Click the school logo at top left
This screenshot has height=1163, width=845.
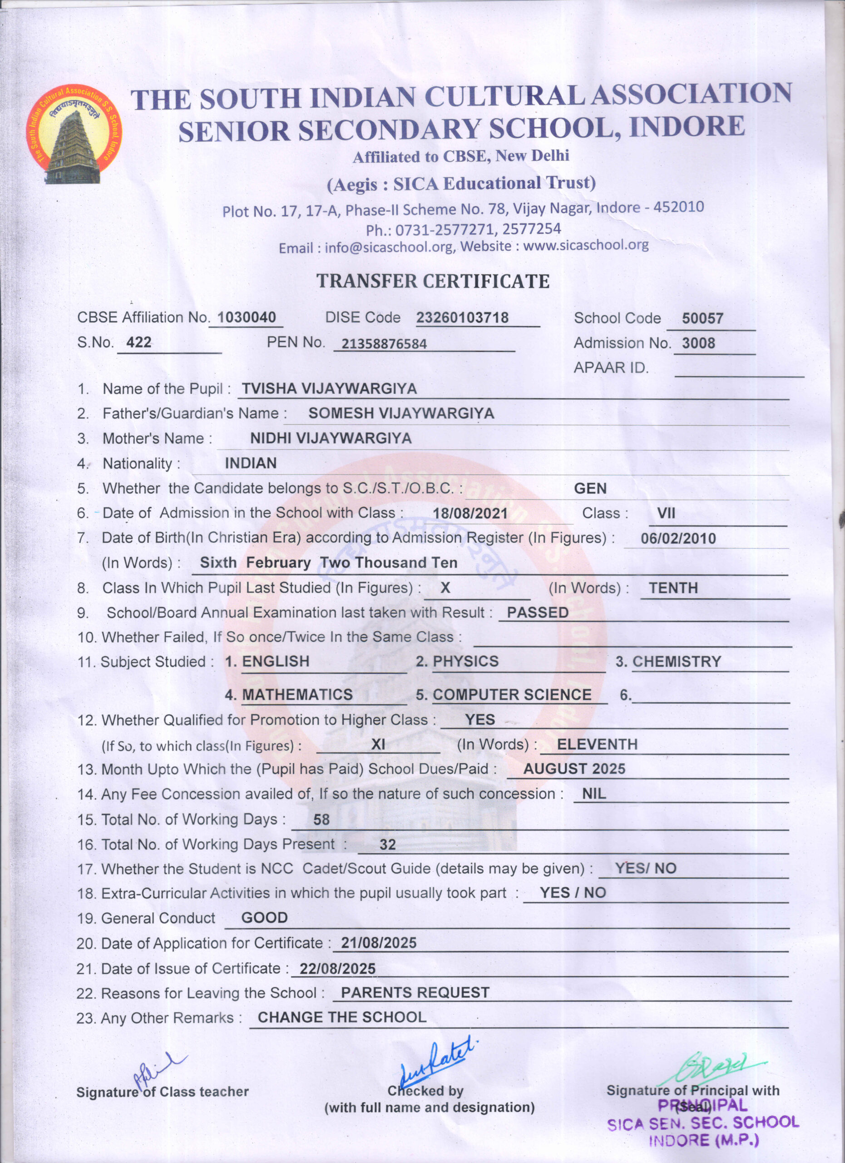[x=74, y=134]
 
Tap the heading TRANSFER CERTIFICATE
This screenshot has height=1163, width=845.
[x=433, y=282]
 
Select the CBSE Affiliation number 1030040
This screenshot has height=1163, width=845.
[x=247, y=318]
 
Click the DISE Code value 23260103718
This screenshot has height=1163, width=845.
[x=462, y=318]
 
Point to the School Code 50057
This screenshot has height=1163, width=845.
[x=702, y=318]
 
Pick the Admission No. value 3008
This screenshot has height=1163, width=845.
[x=698, y=343]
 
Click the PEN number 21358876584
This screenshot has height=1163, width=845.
[x=384, y=343]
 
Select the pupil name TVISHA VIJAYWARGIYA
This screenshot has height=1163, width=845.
[x=329, y=389]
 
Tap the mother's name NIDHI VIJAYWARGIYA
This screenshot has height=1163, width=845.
[x=331, y=438]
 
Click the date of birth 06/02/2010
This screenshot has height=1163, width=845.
[x=678, y=538]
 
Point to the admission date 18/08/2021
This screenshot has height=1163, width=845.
[x=470, y=513]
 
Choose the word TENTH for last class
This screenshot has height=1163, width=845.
[x=673, y=588]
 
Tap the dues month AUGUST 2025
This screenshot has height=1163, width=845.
[x=574, y=769]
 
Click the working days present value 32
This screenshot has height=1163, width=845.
[x=387, y=845]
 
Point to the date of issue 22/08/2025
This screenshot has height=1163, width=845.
[x=337, y=969]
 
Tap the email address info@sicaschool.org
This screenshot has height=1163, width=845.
[x=390, y=248]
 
